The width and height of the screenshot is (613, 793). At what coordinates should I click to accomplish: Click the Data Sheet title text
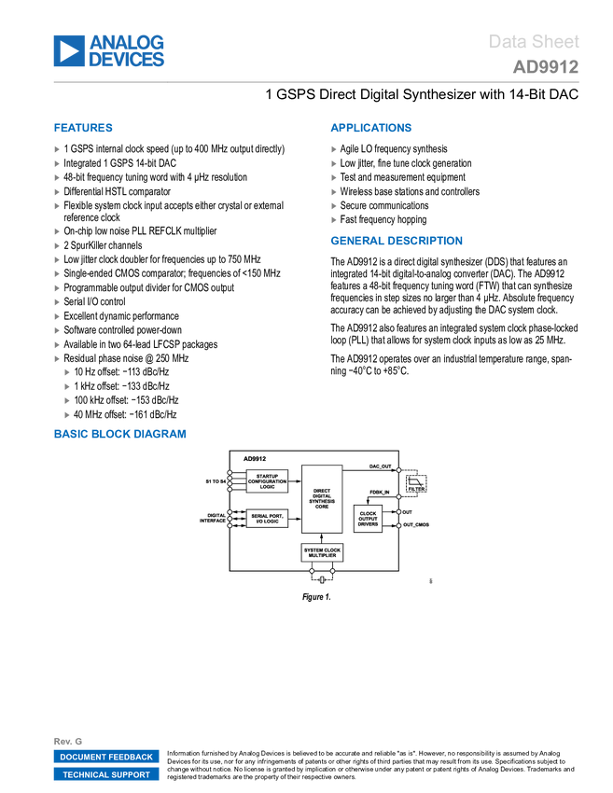(534, 42)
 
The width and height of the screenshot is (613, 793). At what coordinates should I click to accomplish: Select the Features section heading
(84, 129)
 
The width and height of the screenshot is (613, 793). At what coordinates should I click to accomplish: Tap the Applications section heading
(370, 129)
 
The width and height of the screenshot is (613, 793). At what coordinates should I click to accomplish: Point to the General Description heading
(396, 242)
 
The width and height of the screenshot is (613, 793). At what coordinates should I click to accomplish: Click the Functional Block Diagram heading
(120, 435)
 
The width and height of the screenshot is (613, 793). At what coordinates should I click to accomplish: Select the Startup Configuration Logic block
(267, 480)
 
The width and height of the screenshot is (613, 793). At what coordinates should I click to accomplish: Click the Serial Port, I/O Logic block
(267, 519)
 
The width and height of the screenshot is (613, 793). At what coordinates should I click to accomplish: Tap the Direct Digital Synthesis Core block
(321, 498)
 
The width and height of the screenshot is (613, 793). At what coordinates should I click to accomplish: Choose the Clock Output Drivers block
(368, 519)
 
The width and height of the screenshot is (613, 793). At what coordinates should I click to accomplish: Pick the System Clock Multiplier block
(322, 552)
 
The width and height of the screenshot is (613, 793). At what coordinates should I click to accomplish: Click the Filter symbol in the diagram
(415, 484)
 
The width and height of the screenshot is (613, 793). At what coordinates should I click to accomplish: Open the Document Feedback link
(106, 757)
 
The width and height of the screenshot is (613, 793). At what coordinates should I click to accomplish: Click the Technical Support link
(106, 774)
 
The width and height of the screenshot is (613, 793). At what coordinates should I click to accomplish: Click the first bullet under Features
(57, 149)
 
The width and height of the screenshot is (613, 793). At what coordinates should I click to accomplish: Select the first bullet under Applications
(334, 149)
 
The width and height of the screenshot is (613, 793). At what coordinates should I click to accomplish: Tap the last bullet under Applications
(334, 220)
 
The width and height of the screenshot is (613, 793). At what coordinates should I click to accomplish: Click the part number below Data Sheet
(545, 67)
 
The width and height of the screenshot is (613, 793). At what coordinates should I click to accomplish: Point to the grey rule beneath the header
(316, 82)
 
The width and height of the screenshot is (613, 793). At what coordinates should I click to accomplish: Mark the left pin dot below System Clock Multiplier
(312, 570)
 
